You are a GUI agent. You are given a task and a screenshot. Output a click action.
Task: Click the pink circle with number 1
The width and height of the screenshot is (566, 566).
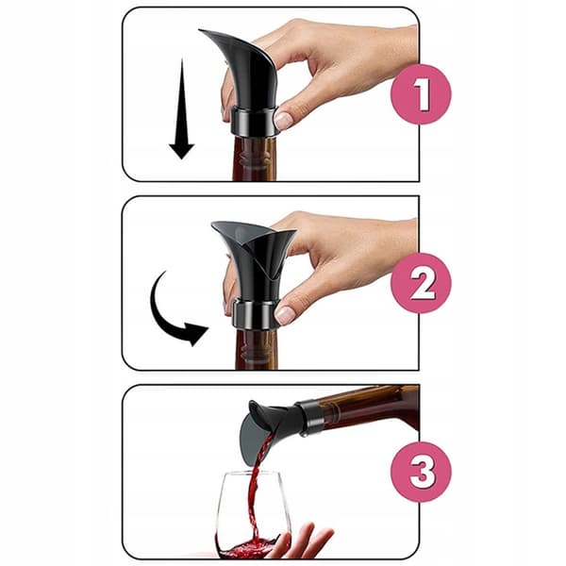click(421, 94)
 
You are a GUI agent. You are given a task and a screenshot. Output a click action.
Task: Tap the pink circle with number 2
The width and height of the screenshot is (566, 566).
click(421, 283)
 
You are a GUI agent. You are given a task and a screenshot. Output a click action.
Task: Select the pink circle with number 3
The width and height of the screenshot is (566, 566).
click(421, 472)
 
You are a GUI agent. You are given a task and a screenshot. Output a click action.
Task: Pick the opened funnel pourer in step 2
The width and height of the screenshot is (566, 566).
click(254, 260)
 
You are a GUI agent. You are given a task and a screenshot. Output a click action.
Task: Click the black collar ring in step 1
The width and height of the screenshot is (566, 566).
click(254, 121)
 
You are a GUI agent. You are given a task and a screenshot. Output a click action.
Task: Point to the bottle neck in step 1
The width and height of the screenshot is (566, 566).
click(255, 158)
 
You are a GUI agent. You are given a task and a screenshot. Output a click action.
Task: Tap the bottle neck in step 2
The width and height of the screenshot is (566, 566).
click(257, 349)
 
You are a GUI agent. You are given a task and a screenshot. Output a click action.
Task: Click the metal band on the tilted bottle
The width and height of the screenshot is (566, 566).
click(309, 415)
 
